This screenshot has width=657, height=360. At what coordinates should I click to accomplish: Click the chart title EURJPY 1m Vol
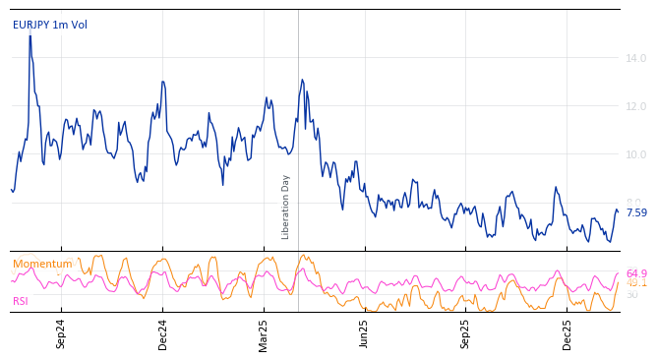[x=49, y=26]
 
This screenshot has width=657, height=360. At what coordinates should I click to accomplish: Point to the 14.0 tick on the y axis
[x=635, y=59]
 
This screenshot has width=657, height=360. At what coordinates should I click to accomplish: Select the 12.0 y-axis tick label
[x=635, y=106]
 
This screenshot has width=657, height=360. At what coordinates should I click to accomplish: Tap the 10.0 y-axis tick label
[x=635, y=154]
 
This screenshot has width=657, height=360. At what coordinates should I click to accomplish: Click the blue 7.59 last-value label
[x=636, y=212]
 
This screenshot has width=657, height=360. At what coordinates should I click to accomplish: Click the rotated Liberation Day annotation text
[x=286, y=207]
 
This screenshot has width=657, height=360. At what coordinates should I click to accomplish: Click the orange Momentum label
[x=42, y=265]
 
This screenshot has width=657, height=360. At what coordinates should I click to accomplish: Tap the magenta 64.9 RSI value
[x=636, y=274]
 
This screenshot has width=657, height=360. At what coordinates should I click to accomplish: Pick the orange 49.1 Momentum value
[x=636, y=283]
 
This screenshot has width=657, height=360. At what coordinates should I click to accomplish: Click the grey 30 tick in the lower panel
[x=631, y=294]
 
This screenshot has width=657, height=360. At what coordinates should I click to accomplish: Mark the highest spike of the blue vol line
[x=30, y=36]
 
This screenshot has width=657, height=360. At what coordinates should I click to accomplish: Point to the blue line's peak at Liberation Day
[x=302, y=80]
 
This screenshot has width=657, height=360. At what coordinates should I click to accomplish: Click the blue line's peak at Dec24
[x=162, y=82]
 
